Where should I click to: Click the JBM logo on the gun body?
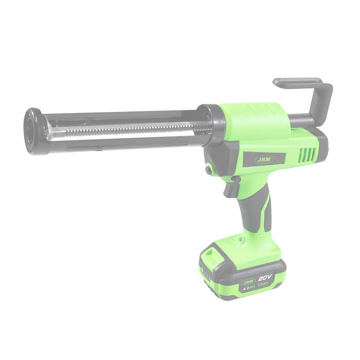[x=264, y=159]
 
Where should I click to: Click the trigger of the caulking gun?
[x=230, y=189]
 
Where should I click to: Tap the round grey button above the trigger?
[x=208, y=170]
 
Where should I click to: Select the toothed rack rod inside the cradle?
[x=130, y=129]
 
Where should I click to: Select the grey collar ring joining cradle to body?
[x=212, y=124]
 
